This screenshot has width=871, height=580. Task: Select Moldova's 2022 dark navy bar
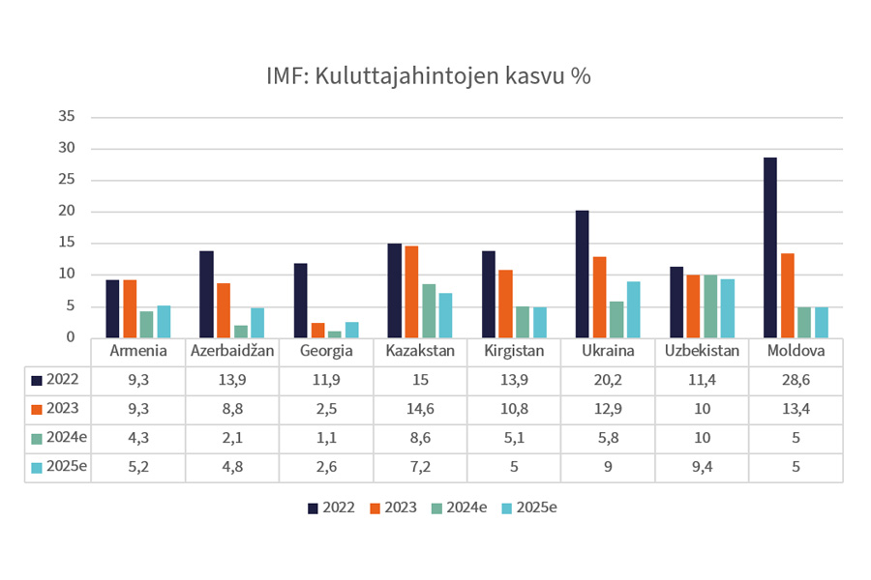770,247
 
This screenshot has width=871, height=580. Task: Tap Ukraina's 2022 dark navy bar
582,275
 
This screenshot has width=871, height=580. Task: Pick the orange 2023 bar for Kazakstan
412,292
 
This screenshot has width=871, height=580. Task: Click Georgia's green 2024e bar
335,334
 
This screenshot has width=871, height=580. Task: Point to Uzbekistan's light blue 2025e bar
727,308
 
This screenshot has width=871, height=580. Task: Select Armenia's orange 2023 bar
130,309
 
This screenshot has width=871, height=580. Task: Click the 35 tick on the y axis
67,117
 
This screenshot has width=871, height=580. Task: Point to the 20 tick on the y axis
67,212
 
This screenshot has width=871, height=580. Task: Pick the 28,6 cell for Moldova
796,380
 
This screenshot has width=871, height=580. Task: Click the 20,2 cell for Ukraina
607,380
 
